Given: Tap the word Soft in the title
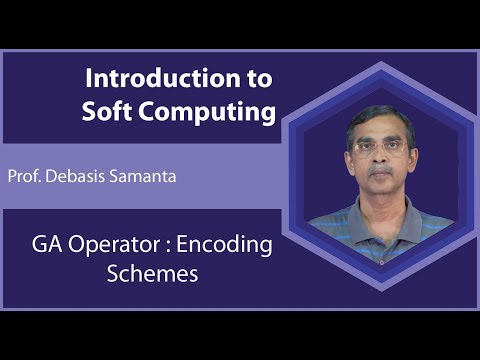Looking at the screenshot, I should (110, 112).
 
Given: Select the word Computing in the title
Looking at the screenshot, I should (208, 112).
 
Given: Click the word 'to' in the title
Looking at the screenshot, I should (256, 78).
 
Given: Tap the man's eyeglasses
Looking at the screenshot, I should (372, 147).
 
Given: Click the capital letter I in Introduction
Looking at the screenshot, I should (89, 78).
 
